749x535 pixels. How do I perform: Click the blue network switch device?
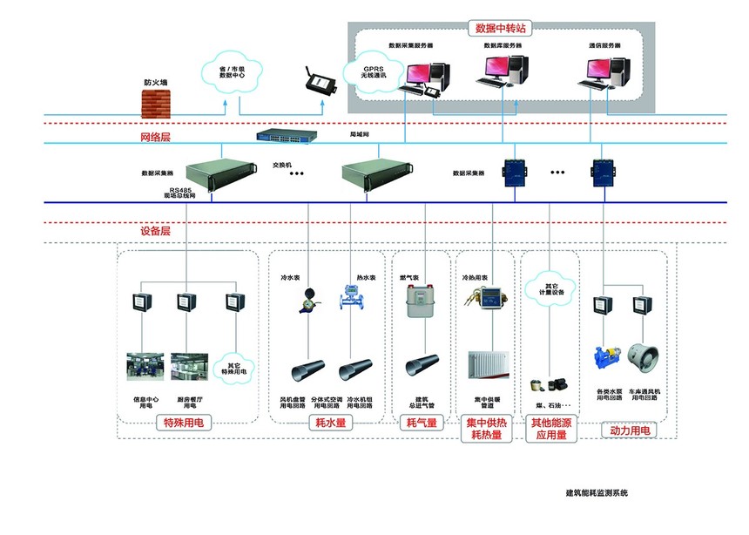287,135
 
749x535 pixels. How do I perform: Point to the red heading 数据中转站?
494,28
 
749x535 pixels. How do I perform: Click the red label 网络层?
155,138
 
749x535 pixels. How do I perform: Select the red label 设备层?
155,232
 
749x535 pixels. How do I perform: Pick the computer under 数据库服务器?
503,71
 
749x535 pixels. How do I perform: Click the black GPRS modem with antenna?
320,84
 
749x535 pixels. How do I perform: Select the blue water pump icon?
605,357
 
